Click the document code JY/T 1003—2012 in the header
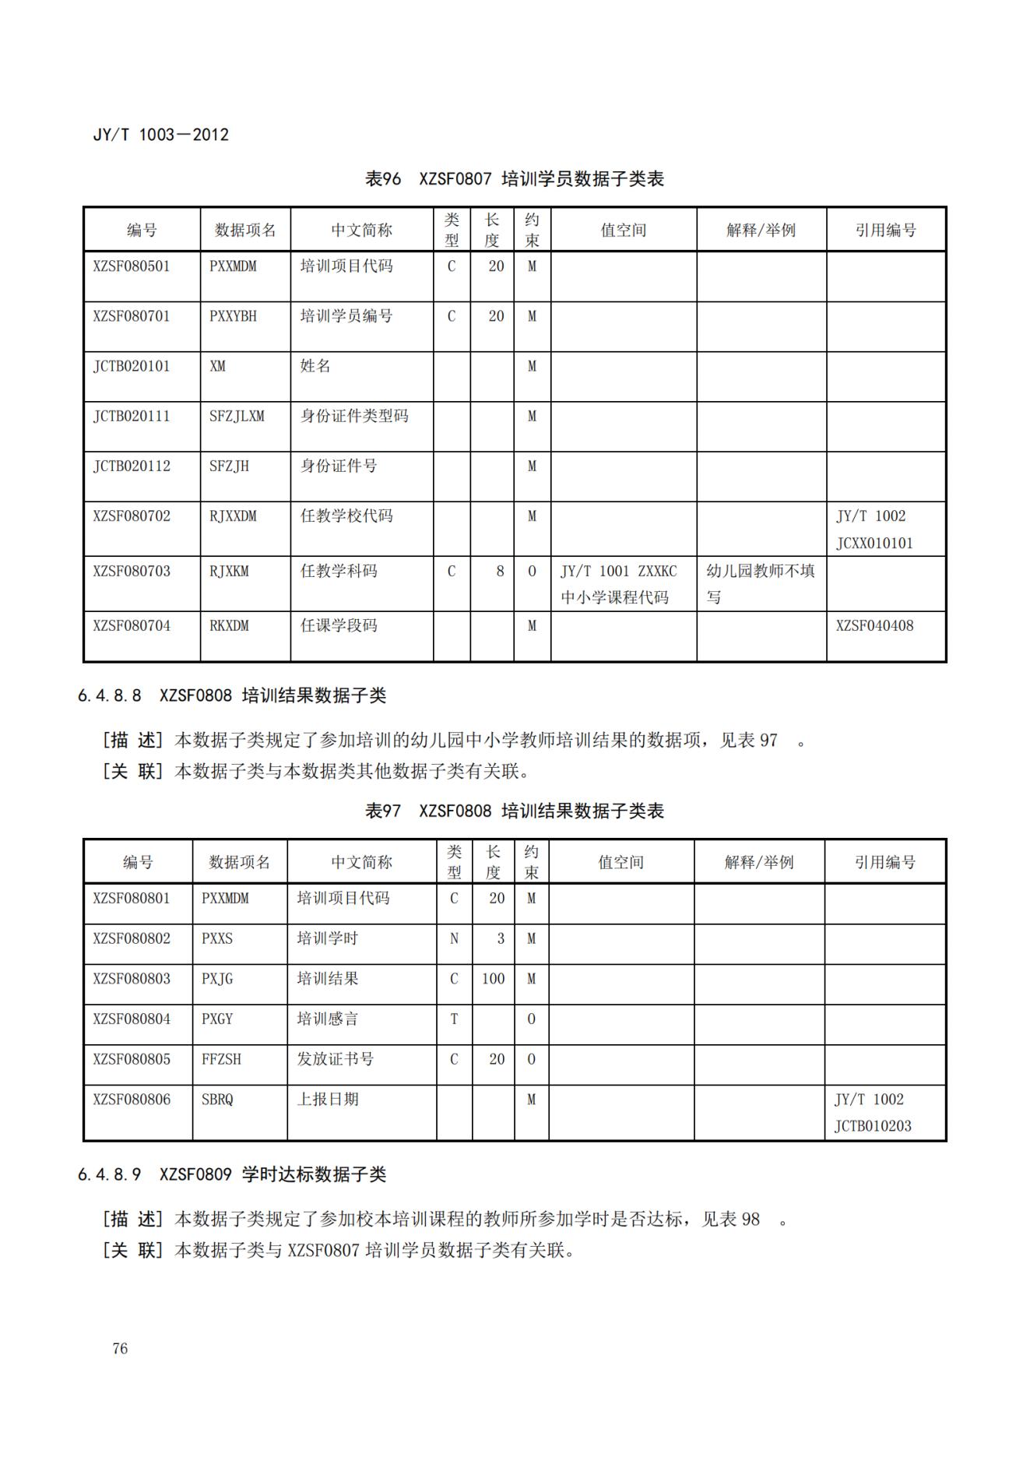pyautogui.click(x=161, y=135)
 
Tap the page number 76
pyautogui.click(x=120, y=1348)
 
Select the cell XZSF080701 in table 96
pyautogui.click(x=132, y=316)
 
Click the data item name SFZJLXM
pyautogui.click(x=237, y=416)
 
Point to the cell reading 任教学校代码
pyautogui.click(x=346, y=516)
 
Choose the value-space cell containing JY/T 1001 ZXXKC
pyautogui.click(x=619, y=583)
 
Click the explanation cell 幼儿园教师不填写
pyautogui.click(x=760, y=583)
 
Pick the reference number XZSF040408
pyautogui.click(x=875, y=625)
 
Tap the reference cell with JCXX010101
pyautogui.click(x=875, y=530)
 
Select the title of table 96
pyautogui.click(x=515, y=179)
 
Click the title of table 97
pyautogui.click(x=515, y=811)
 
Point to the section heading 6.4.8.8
pyautogui.click(x=232, y=695)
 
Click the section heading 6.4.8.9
pyautogui.click(x=232, y=1174)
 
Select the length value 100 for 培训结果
pyautogui.click(x=493, y=979)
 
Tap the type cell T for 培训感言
pyautogui.click(x=454, y=1019)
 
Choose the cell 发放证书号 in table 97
pyautogui.click(x=336, y=1059)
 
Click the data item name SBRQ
pyautogui.click(x=217, y=1100)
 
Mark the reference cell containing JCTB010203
pyautogui.click(x=873, y=1113)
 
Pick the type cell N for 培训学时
pyautogui.click(x=454, y=938)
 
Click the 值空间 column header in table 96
pyautogui.click(x=624, y=230)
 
